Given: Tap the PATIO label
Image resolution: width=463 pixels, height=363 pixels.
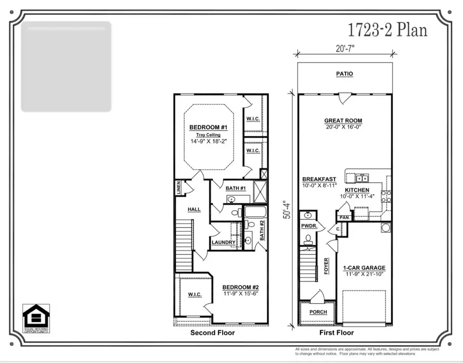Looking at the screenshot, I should [344, 74].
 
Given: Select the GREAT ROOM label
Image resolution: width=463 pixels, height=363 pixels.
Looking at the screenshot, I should [344, 120].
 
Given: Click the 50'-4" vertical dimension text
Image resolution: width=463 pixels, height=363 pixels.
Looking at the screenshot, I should [287, 206].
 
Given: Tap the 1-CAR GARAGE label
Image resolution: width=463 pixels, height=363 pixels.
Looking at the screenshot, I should [364, 268].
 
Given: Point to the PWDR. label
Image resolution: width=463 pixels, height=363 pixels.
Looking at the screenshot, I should [308, 226].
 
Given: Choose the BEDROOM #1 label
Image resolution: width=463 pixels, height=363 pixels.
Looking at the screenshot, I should [205, 128].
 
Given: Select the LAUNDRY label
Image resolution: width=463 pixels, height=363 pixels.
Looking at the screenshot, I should [223, 242].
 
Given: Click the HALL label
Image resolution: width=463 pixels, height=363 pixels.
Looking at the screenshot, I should [194, 210].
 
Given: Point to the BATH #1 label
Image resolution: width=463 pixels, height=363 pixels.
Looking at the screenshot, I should [236, 188].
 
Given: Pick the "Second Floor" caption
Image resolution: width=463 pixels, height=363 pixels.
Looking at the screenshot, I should [212, 333].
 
